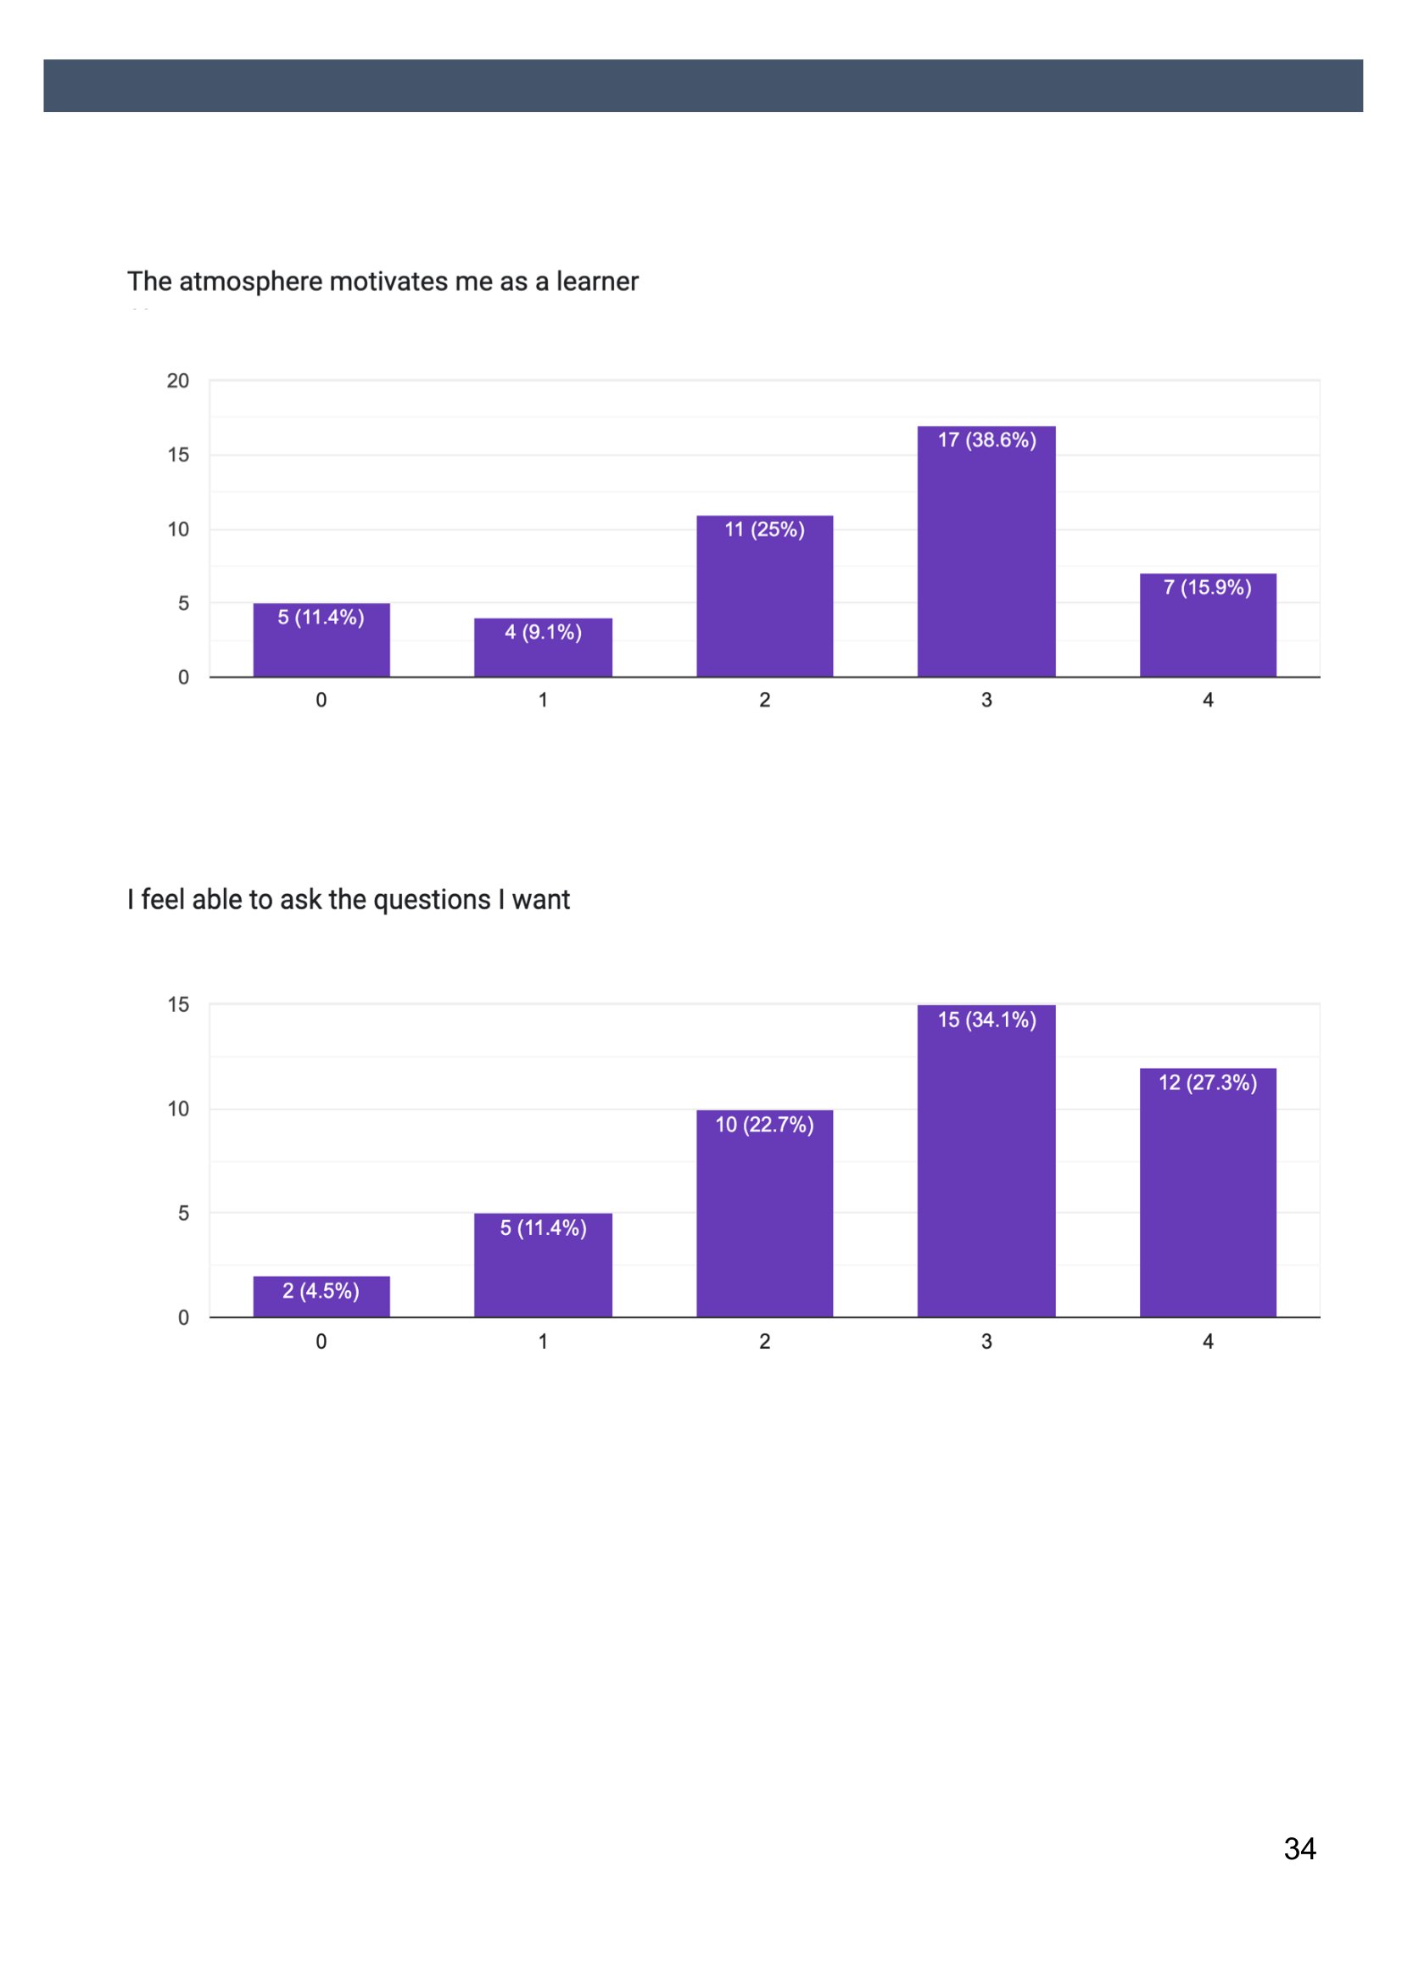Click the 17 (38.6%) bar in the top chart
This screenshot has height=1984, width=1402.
(986, 551)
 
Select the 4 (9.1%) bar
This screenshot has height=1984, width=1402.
(543, 647)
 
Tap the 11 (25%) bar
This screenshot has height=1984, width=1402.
(764, 596)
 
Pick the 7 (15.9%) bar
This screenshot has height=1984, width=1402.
(1208, 625)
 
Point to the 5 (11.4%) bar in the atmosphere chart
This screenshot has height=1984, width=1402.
(321, 640)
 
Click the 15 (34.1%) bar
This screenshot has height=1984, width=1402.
(986, 1160)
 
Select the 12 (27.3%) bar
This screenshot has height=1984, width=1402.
(1208, 1193)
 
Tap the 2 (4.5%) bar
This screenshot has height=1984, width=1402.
(321, 1296)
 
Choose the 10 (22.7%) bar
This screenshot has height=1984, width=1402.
(764, 1213)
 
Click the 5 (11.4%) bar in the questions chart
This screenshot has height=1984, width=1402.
(543, 1265)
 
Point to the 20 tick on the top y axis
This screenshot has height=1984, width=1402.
(178, 381)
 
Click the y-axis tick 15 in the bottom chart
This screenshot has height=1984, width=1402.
(178, 1004)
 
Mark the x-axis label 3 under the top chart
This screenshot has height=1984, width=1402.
(986, 700)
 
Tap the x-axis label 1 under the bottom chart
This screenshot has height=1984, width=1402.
(543, 1341)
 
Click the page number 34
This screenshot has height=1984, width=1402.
(1299, 1848)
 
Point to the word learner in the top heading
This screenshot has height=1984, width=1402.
(597, 281)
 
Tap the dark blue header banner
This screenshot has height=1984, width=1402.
(703, 86)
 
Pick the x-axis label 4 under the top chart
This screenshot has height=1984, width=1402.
(1208, 700)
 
